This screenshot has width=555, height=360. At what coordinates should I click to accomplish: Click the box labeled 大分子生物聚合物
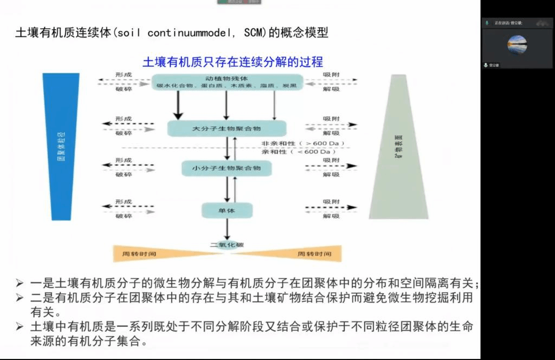227,128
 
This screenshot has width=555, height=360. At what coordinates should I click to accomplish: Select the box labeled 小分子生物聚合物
227,168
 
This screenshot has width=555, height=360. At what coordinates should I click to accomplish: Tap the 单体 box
228,210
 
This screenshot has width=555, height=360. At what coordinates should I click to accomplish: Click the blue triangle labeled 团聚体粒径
60,146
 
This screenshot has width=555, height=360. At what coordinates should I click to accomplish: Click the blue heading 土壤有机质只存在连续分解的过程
233,62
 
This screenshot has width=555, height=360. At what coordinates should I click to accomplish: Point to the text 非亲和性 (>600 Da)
303,144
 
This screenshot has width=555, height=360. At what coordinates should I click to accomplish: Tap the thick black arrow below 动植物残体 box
177,105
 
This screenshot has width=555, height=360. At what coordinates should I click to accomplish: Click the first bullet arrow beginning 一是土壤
20,283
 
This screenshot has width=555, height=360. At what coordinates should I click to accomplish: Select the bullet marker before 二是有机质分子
20,298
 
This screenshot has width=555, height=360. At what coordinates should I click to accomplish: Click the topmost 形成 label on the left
124,74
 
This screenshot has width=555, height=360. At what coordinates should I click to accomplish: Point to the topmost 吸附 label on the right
332,74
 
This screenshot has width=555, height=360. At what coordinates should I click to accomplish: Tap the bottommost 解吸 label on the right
332,216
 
